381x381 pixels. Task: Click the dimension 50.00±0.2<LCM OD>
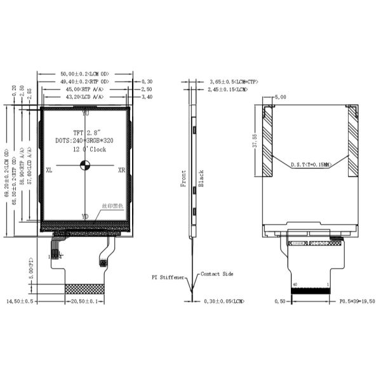click(85, 74)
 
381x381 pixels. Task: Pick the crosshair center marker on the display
click(85, 166)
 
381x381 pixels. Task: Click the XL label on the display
click(50, 170)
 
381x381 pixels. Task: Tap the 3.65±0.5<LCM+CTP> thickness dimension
click(234, 82)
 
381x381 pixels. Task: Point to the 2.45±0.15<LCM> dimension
click(228, 90)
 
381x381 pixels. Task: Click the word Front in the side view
click(184, 178)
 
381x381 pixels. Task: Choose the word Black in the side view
click(201, 178)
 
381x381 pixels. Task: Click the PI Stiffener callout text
click(168, 277)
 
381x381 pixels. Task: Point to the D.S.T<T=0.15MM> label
click(311, 164)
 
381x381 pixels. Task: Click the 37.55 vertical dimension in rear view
click(254, 141)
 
